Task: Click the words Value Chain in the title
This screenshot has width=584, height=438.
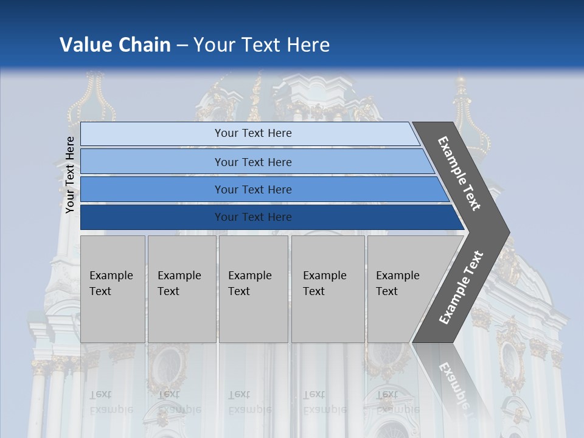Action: (115, 45)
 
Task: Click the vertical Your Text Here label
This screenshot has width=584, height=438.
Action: (70, 175)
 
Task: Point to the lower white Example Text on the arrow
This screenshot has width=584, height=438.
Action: (461, 288)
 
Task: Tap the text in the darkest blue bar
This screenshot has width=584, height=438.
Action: (253, 217)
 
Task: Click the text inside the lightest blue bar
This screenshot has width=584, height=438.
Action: (253, 133)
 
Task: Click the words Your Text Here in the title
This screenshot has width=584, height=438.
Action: (262, 45)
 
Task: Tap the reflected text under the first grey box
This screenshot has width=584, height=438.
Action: (111, 402)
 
